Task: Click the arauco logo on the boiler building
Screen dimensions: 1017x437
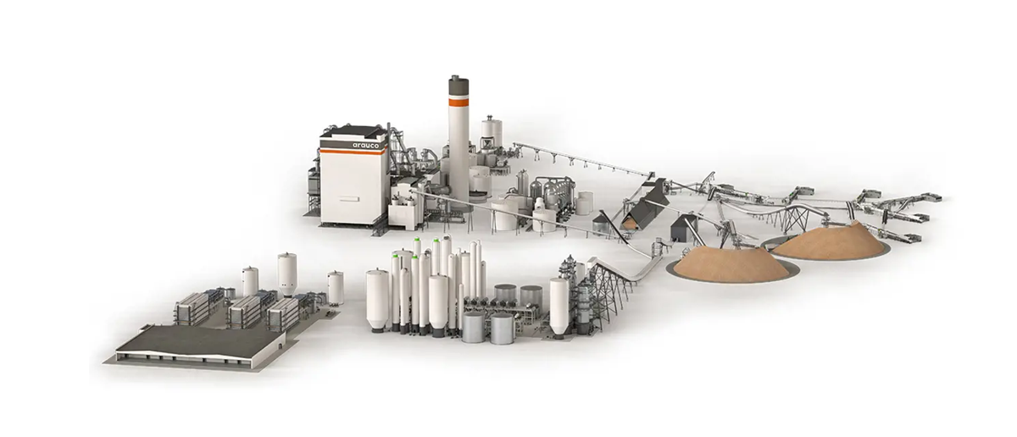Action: [x=365, y=145]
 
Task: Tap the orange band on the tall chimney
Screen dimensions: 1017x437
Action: [x=458, y=102]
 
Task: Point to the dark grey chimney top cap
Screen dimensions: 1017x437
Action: [x=458, y=86]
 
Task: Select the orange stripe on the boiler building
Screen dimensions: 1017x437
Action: [x=353, y=152]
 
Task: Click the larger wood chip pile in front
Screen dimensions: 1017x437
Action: [x=731, y=264]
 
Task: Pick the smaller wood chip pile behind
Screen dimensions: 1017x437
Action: [x=831, y=241]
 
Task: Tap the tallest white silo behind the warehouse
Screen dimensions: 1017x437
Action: [x=287, y=275]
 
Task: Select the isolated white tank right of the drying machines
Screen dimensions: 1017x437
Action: [x=336, y=288]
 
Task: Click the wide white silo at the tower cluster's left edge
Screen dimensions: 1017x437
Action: [x=378, y=300]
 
